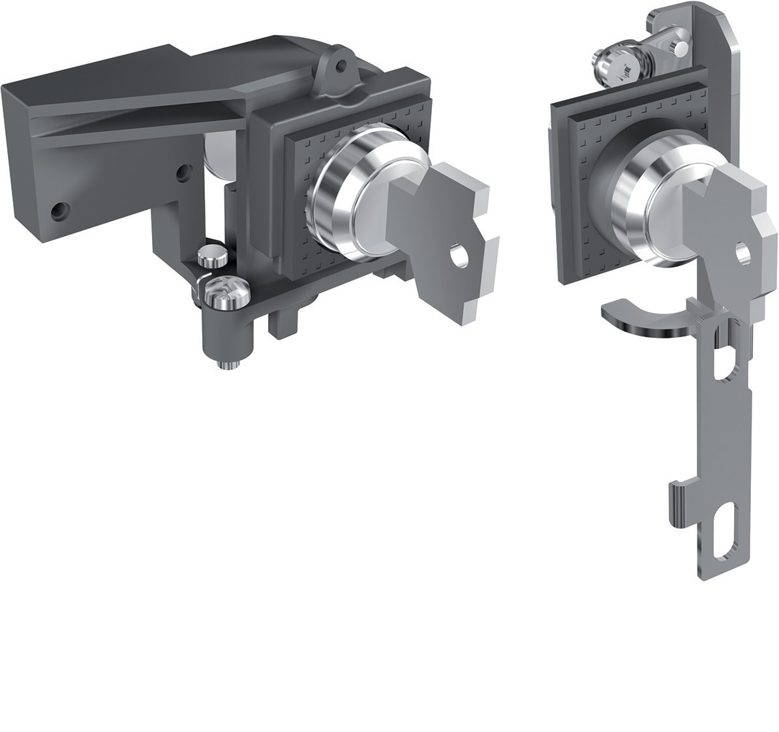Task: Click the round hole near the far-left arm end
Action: [61, 210]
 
